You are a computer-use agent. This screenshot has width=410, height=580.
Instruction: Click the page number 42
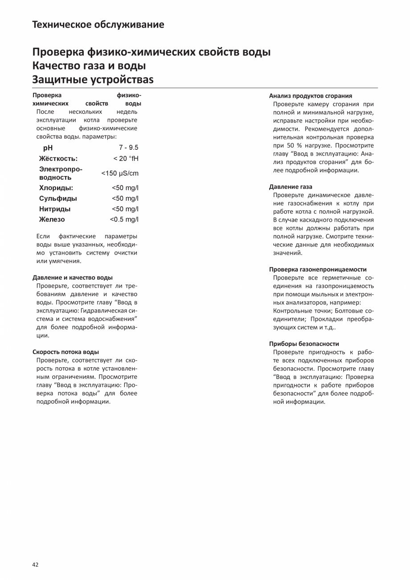36,564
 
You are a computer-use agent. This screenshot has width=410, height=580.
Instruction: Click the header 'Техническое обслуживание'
98,25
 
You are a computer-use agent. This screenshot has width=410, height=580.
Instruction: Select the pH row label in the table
48,148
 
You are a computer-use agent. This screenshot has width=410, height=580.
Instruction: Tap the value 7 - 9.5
128,148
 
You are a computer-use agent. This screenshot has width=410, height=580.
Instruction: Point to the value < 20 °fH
126,159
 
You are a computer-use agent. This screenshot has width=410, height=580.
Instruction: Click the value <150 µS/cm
120,173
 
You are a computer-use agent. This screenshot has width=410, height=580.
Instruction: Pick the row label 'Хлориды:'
56,188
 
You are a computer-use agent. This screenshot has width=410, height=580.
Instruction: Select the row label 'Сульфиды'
58,198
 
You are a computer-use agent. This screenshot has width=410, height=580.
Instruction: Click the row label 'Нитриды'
55,209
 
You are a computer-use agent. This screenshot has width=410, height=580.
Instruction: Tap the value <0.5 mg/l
124,219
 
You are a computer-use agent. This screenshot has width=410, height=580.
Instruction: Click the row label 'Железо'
52,219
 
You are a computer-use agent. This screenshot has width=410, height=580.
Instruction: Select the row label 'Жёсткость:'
58,159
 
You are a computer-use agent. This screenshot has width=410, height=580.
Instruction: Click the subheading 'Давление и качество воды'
73,277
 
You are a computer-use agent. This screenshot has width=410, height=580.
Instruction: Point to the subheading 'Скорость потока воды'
66,352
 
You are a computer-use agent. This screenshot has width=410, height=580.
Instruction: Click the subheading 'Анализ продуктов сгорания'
311,96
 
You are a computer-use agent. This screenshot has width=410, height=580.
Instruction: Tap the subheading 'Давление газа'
291,187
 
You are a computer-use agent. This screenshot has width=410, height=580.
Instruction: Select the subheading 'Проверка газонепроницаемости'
318,269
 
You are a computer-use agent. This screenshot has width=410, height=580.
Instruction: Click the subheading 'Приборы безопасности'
304,344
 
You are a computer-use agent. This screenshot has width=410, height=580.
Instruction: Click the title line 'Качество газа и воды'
89,66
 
